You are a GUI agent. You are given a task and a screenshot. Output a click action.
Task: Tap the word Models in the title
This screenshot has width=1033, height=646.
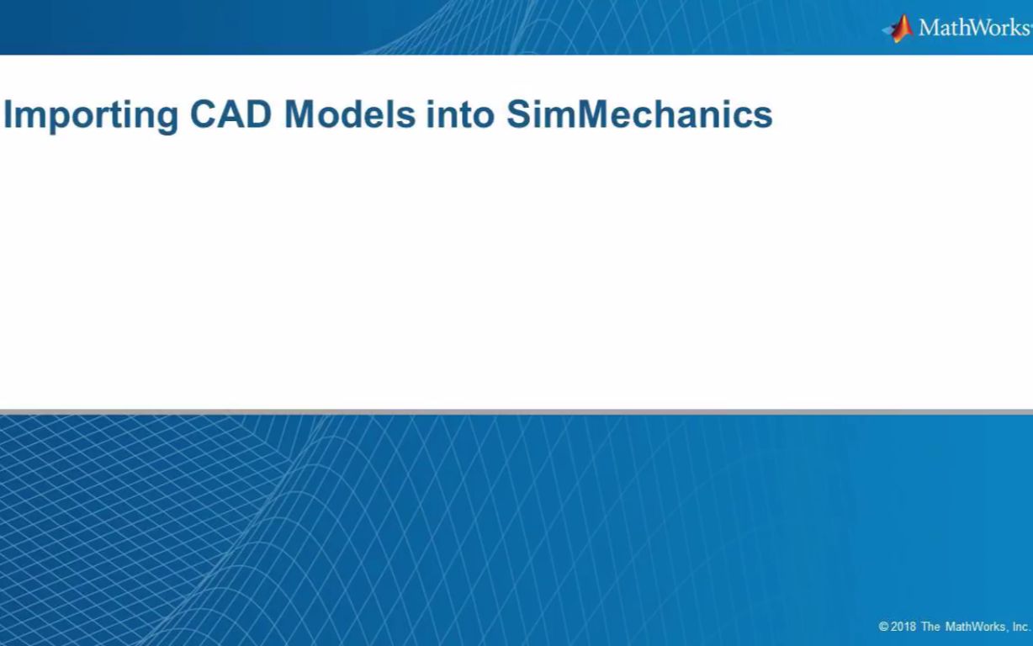coord(350,114)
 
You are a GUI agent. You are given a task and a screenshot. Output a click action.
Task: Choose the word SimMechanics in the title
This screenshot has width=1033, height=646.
coord(639,114)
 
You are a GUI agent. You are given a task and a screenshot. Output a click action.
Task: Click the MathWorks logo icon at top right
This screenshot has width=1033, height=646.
coord(899,28)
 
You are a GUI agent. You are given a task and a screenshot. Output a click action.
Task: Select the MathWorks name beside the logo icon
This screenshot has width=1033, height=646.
coord(973,28)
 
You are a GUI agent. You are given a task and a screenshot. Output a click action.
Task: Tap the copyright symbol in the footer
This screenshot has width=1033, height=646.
coord(884,627)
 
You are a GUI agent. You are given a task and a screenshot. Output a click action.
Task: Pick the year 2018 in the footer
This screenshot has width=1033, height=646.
coord(903,627)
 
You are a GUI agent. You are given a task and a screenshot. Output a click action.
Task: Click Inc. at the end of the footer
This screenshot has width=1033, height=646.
coord(1021,627)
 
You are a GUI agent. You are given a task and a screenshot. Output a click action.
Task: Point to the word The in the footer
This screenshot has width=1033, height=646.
coord(930,627)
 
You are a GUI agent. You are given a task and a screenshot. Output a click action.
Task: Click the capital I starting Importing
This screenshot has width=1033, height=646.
coord(8,114)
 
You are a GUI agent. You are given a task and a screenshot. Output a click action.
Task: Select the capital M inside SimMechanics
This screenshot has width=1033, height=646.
coord(569,114)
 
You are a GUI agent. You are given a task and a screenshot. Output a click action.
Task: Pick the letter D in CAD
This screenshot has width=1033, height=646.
coord(259,114)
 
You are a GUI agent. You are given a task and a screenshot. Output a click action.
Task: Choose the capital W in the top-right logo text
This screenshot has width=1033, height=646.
coord(977,28)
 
